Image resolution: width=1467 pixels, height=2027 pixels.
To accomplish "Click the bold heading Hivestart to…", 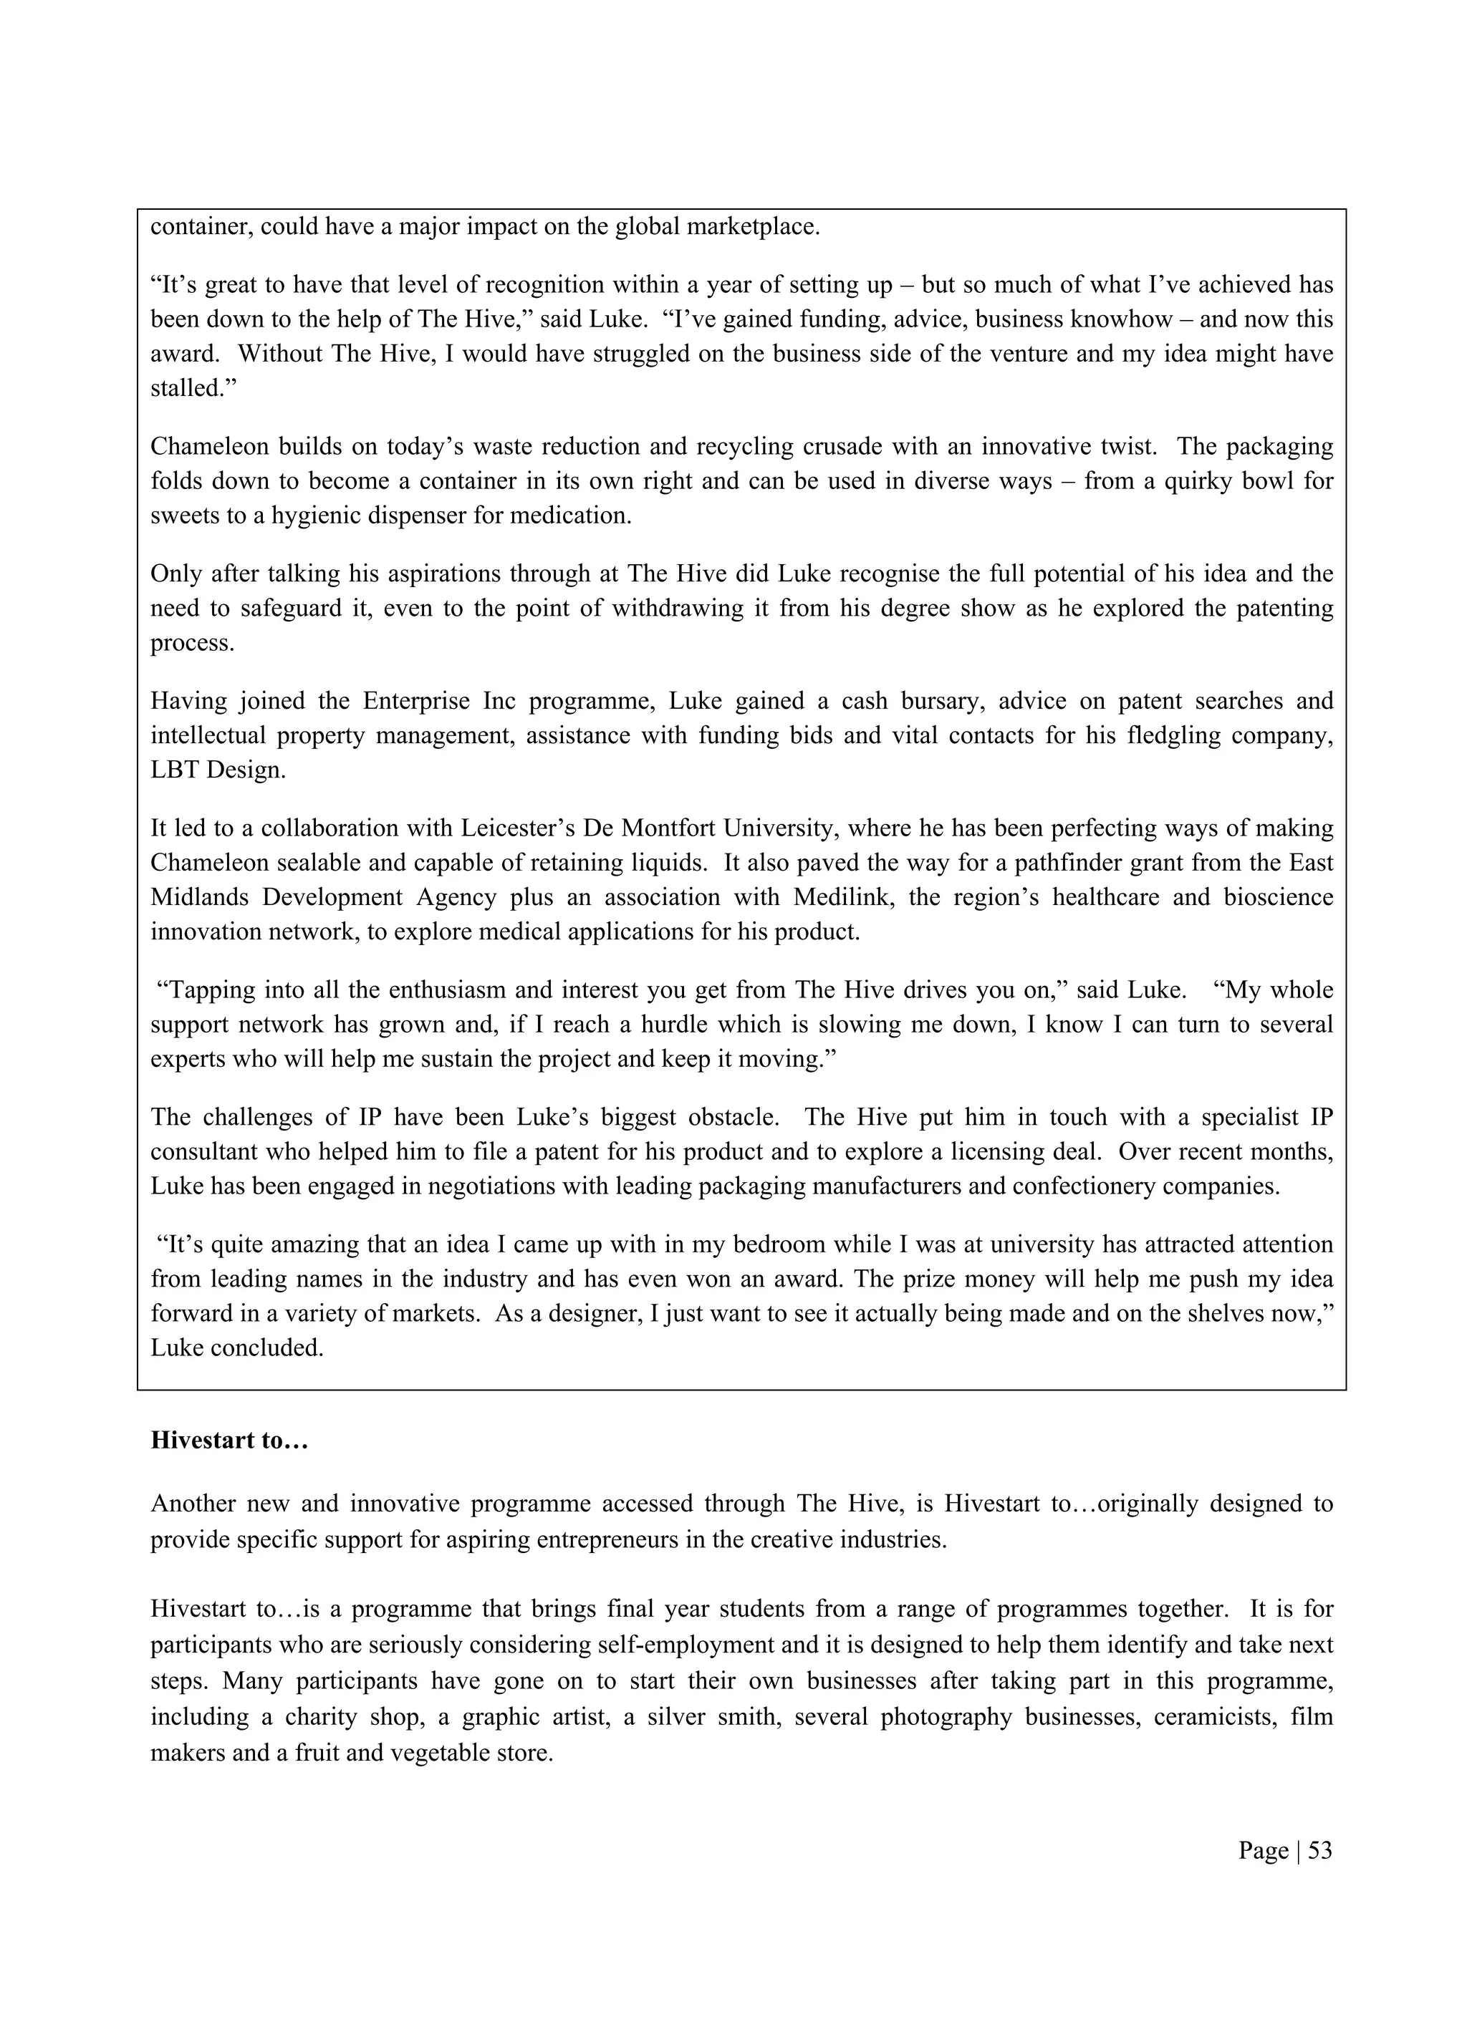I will click(229, 1441).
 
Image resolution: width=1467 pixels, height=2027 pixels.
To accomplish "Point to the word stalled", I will click(188, 389).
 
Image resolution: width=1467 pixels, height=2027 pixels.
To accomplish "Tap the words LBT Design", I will click(217, 770).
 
